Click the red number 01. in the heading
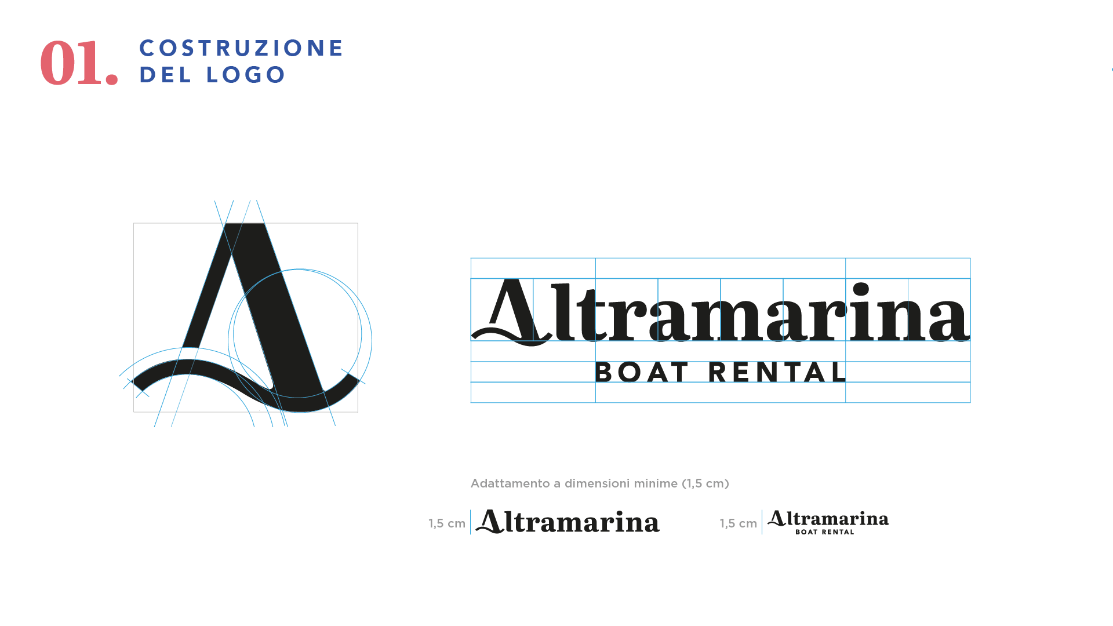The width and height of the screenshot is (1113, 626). (x=79, y=63)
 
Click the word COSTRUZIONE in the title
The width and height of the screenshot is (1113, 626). (x=242, y=48)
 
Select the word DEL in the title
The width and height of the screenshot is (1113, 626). (x=165, y=75)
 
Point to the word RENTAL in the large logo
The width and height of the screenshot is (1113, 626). (x=778, y=372)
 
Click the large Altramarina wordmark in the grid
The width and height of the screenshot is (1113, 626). (x=721, y=312)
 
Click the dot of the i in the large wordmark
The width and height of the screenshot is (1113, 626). (x=861, y=290)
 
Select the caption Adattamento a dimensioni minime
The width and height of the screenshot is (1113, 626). (x=600, y=483)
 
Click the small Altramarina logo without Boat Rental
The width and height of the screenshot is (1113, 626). (x=568, y=522)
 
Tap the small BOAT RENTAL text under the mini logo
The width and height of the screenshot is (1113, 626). (x=825, y=532)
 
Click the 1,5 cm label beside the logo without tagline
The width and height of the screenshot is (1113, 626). (x=447, y=523)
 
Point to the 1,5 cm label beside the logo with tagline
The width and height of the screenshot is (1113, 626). (x=739, y=523)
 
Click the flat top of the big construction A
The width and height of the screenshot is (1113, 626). (x=245, y=224)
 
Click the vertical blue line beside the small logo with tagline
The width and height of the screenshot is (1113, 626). (x=762, y=522)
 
